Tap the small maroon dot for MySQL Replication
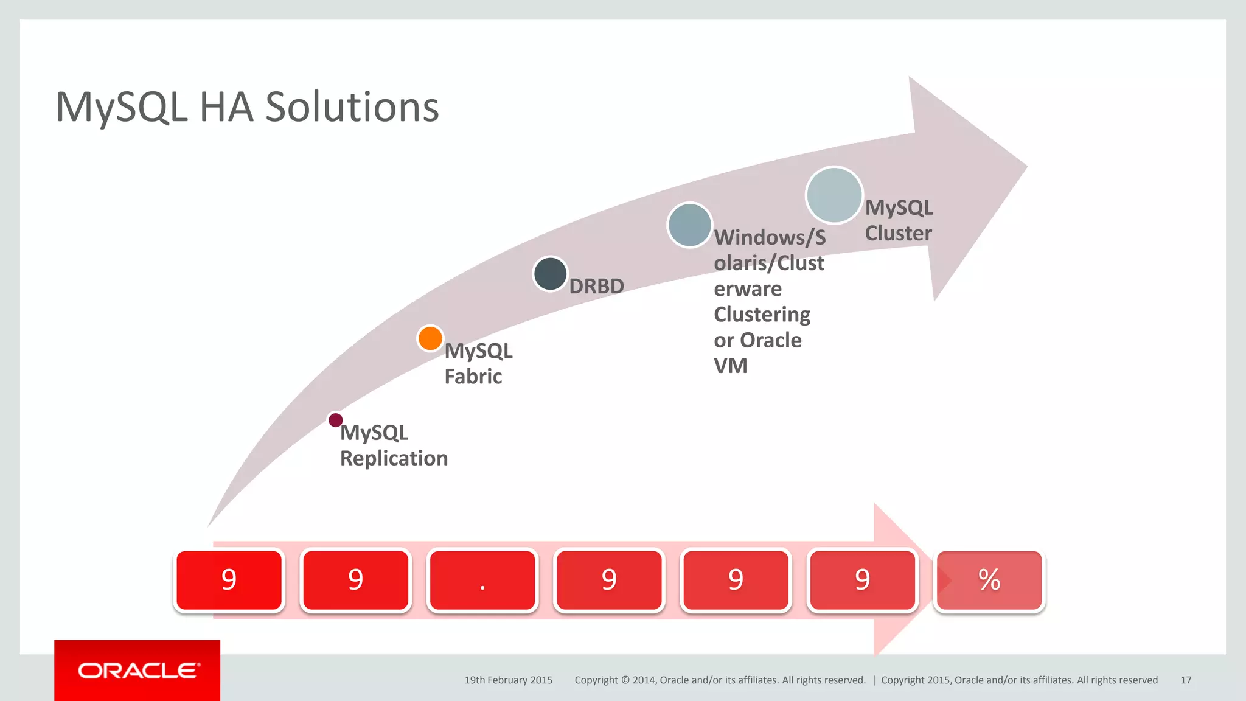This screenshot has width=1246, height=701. pyautogui.click(x=335, y=420)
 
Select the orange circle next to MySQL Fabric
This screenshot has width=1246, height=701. pyautogui.click(x=430, y=338)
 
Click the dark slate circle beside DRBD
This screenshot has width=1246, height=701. pyautogui.click(x=550, y=274)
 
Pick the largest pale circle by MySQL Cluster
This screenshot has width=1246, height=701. pyautogui.click(x=834, y=195)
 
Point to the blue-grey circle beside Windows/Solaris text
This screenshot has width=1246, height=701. pyautogui.click(x=689, y=225)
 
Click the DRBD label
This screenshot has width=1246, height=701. pyautogui.click(x=596, y=286)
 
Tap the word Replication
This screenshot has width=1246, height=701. pyautogui.click(x=394, y=458)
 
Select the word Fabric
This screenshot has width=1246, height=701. pyautogui.click(x=473, y=377)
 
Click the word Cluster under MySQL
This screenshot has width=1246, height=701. pyautogui.click(x=898, y=234)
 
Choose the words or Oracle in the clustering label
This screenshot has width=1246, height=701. pyautogui.click(x=757, y=340)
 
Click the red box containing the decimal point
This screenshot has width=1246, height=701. pyautogui.click(x=482, y=581)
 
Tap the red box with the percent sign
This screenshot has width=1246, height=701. pyautogui.click(x=989, y=581)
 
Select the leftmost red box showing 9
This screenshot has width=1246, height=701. pyautogui.click(x=229, y=581)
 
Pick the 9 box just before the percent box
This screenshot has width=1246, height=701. pyautogui.click(x=862, y=581)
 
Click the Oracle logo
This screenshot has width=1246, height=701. pyautogui.click(x=137, y=671)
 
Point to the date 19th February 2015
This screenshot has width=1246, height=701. pyautogui.click(x=508, y=680)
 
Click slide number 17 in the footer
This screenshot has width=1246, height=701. pyautogui.click(x=1185, y=680)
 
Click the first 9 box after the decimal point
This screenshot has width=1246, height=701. pyautogui.click(x=609, y=581)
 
